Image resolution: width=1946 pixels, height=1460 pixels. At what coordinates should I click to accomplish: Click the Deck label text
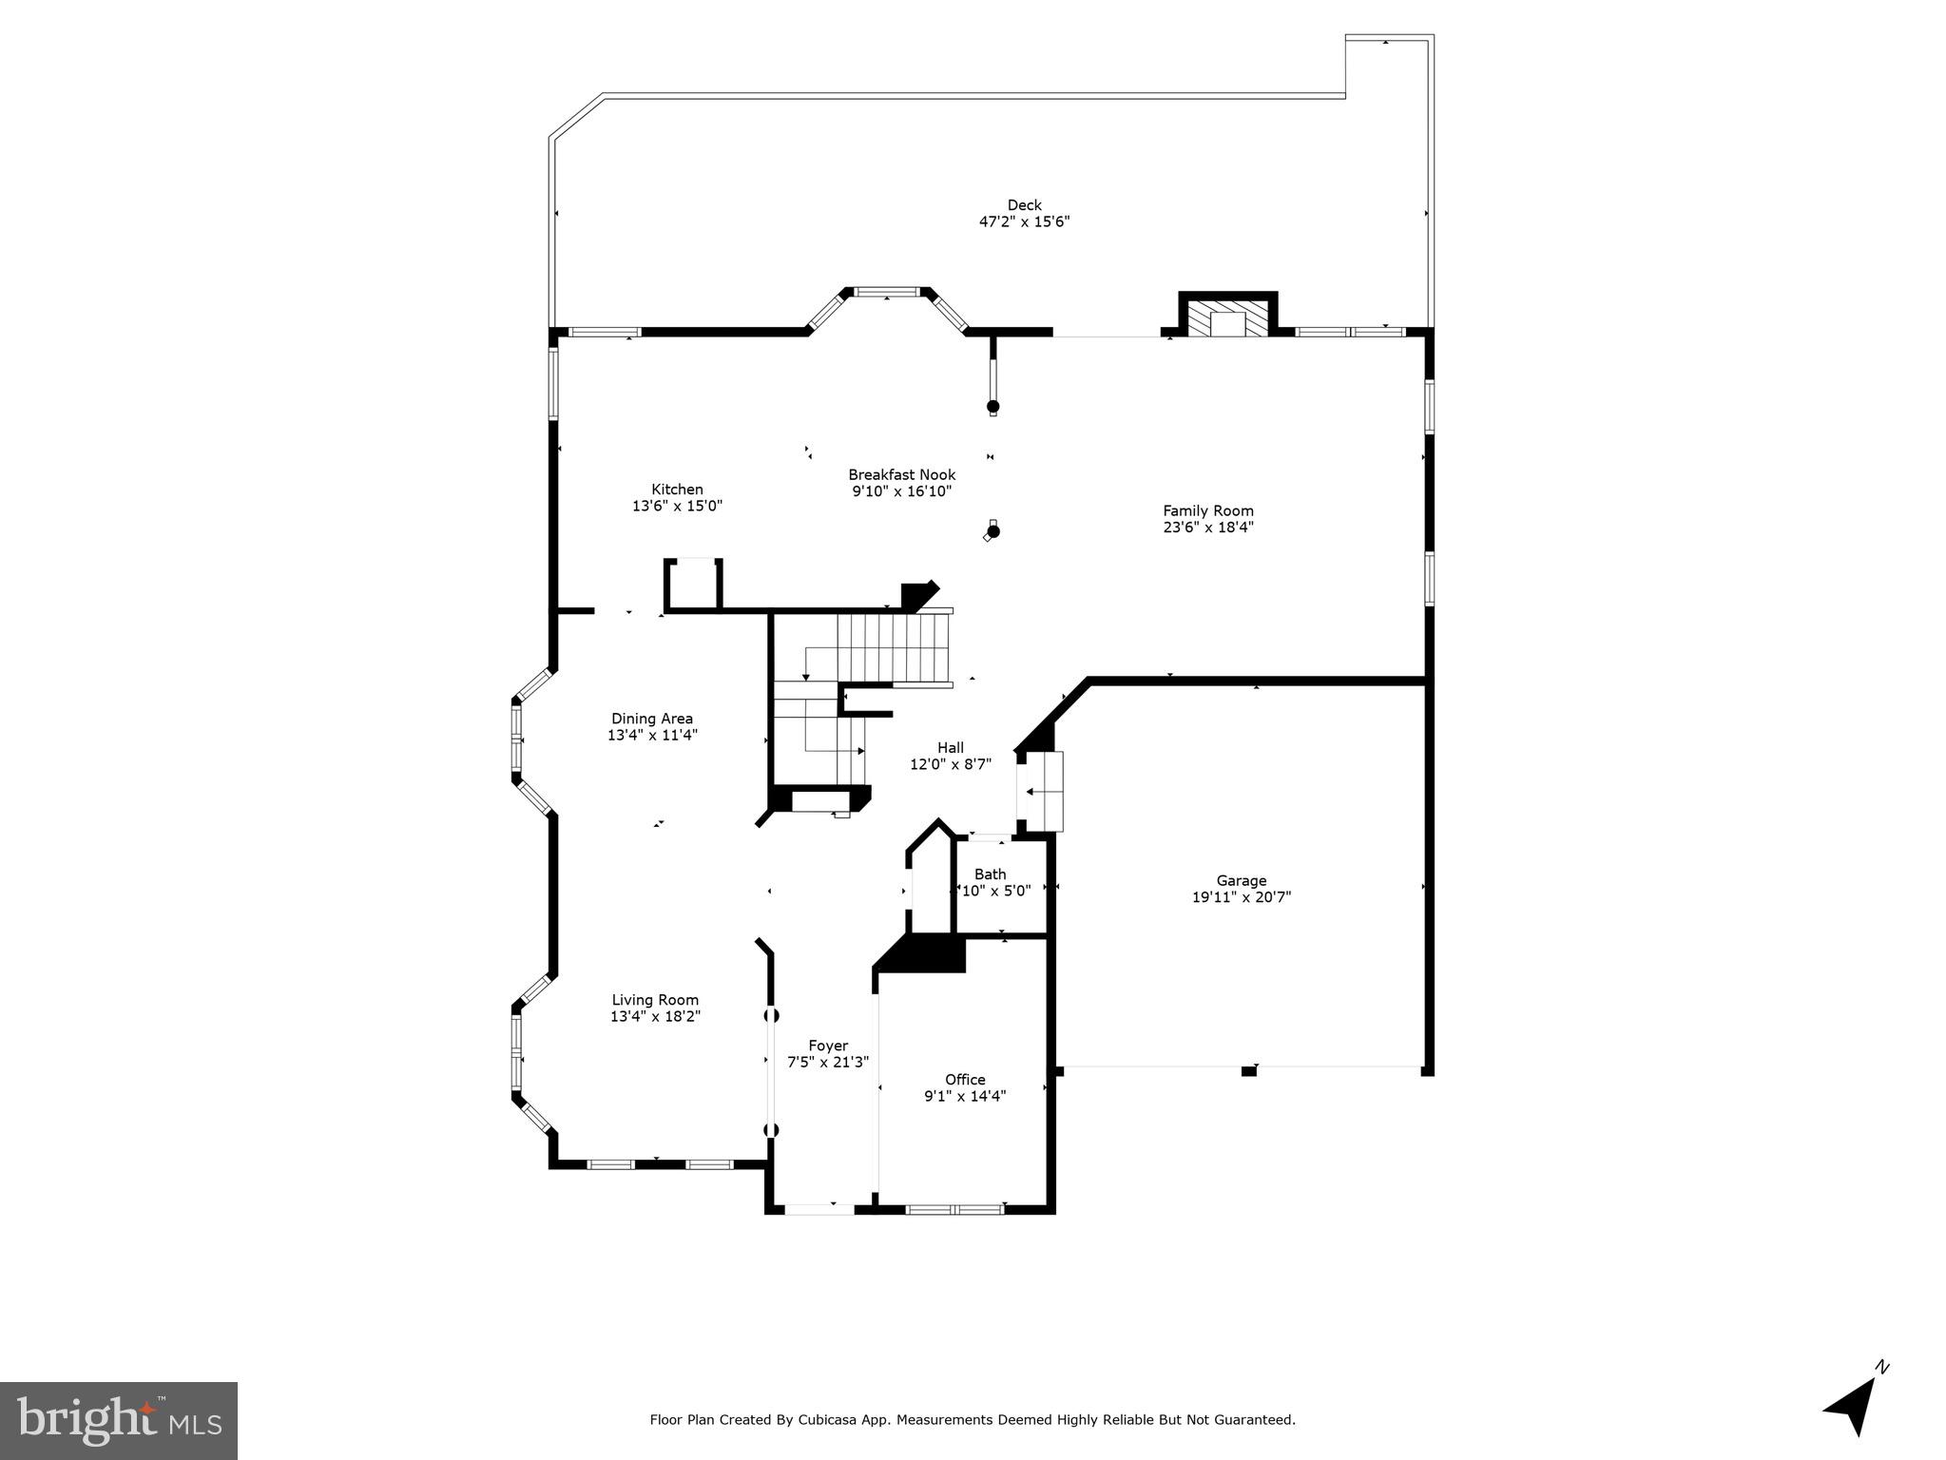[x=1024, y=205]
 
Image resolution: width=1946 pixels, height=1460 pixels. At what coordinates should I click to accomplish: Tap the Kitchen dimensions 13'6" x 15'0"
[x=677, y=507]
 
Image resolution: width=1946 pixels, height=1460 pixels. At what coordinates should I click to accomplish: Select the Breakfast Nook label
[x=901, y=475]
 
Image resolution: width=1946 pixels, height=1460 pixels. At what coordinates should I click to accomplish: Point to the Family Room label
[x=1207, y=511]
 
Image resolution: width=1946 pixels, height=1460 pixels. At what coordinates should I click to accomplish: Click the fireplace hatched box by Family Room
[x=1228, y=320]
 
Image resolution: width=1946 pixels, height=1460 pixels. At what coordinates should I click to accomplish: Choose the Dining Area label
[x=651, y=719]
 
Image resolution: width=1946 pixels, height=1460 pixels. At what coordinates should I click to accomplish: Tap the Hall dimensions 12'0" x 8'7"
[x=950, y=764]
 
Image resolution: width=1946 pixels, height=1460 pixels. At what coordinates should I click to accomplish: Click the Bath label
[x=990, y=874]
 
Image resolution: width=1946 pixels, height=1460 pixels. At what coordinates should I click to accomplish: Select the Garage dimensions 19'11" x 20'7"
[x=1241, y=897]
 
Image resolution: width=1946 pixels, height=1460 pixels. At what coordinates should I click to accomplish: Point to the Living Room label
[x=654, y=1000]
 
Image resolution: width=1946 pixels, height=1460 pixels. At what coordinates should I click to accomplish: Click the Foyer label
[x=827, y=1046]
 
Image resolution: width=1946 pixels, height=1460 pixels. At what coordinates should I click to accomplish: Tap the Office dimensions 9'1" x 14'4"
[x=964, y=1096]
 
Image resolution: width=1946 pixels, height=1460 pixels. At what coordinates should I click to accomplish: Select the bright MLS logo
[x=119, y=1420]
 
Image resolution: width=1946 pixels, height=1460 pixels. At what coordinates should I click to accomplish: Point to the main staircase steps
[x=894, y=646]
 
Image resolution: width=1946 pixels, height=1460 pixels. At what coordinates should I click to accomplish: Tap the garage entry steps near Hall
[x=1040, y=791]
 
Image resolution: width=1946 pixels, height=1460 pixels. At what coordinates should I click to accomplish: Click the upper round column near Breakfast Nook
[x=993, y=407]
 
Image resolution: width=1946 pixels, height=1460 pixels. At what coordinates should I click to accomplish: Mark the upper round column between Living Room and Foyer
[x=772, y=1015]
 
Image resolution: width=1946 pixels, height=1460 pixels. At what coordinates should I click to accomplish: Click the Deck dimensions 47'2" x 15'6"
[x=1024, y=222]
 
